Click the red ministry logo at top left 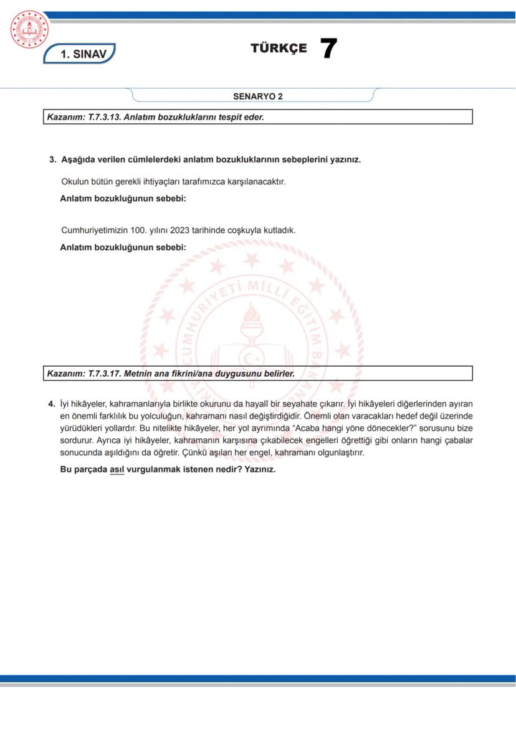coord(29,29)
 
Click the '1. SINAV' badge coord(80,54)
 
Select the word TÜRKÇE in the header coord(279,49)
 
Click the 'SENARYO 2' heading coord(258,96)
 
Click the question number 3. coord(52,159)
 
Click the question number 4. coord(52,403)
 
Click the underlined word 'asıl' coord(117,469)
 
